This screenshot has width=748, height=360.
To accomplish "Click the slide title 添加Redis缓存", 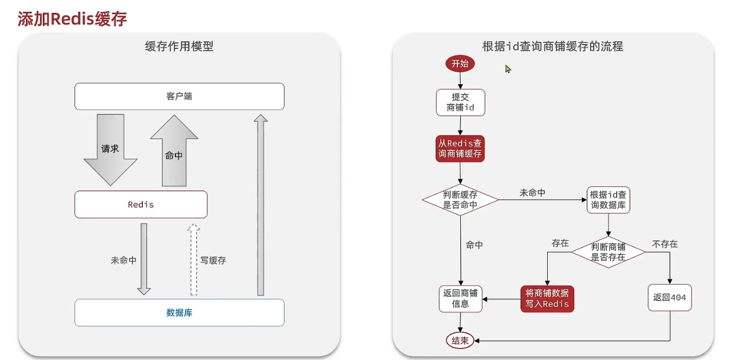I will (72, 19).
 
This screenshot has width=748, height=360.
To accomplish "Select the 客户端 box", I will (179, 97).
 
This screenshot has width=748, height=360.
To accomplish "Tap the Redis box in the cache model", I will (141, 205).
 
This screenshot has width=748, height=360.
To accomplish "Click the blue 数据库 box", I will (179, 313).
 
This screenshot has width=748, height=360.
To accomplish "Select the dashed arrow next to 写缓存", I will (193, 259).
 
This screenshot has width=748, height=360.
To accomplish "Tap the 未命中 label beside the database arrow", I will (124, 261).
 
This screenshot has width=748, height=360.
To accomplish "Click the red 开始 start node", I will (460, 64).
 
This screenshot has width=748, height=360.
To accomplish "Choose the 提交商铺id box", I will (460, 102).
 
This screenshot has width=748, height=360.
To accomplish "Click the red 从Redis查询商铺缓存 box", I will (460, 149).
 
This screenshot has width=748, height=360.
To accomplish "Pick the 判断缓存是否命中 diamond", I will (460, 200).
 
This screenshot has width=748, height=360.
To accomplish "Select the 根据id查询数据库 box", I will (608, 200).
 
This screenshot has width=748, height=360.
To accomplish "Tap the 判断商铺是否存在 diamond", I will (608, 251).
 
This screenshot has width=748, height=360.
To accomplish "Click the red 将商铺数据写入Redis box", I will (547, 299).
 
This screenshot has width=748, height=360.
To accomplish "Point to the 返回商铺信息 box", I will (460, 299).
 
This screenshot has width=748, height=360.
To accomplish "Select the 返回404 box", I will (670, 298).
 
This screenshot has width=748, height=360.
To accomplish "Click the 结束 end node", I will (460, 340).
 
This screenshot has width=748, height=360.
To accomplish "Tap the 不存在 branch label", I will (665, 244).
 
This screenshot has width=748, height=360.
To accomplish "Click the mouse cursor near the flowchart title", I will (508, 69).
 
